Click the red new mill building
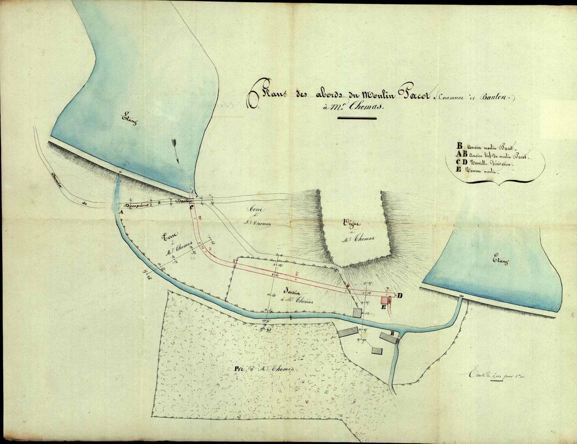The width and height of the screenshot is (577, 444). [384, 300]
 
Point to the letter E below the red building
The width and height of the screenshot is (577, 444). [384, 307]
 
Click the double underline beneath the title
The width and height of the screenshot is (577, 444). [357, 118]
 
